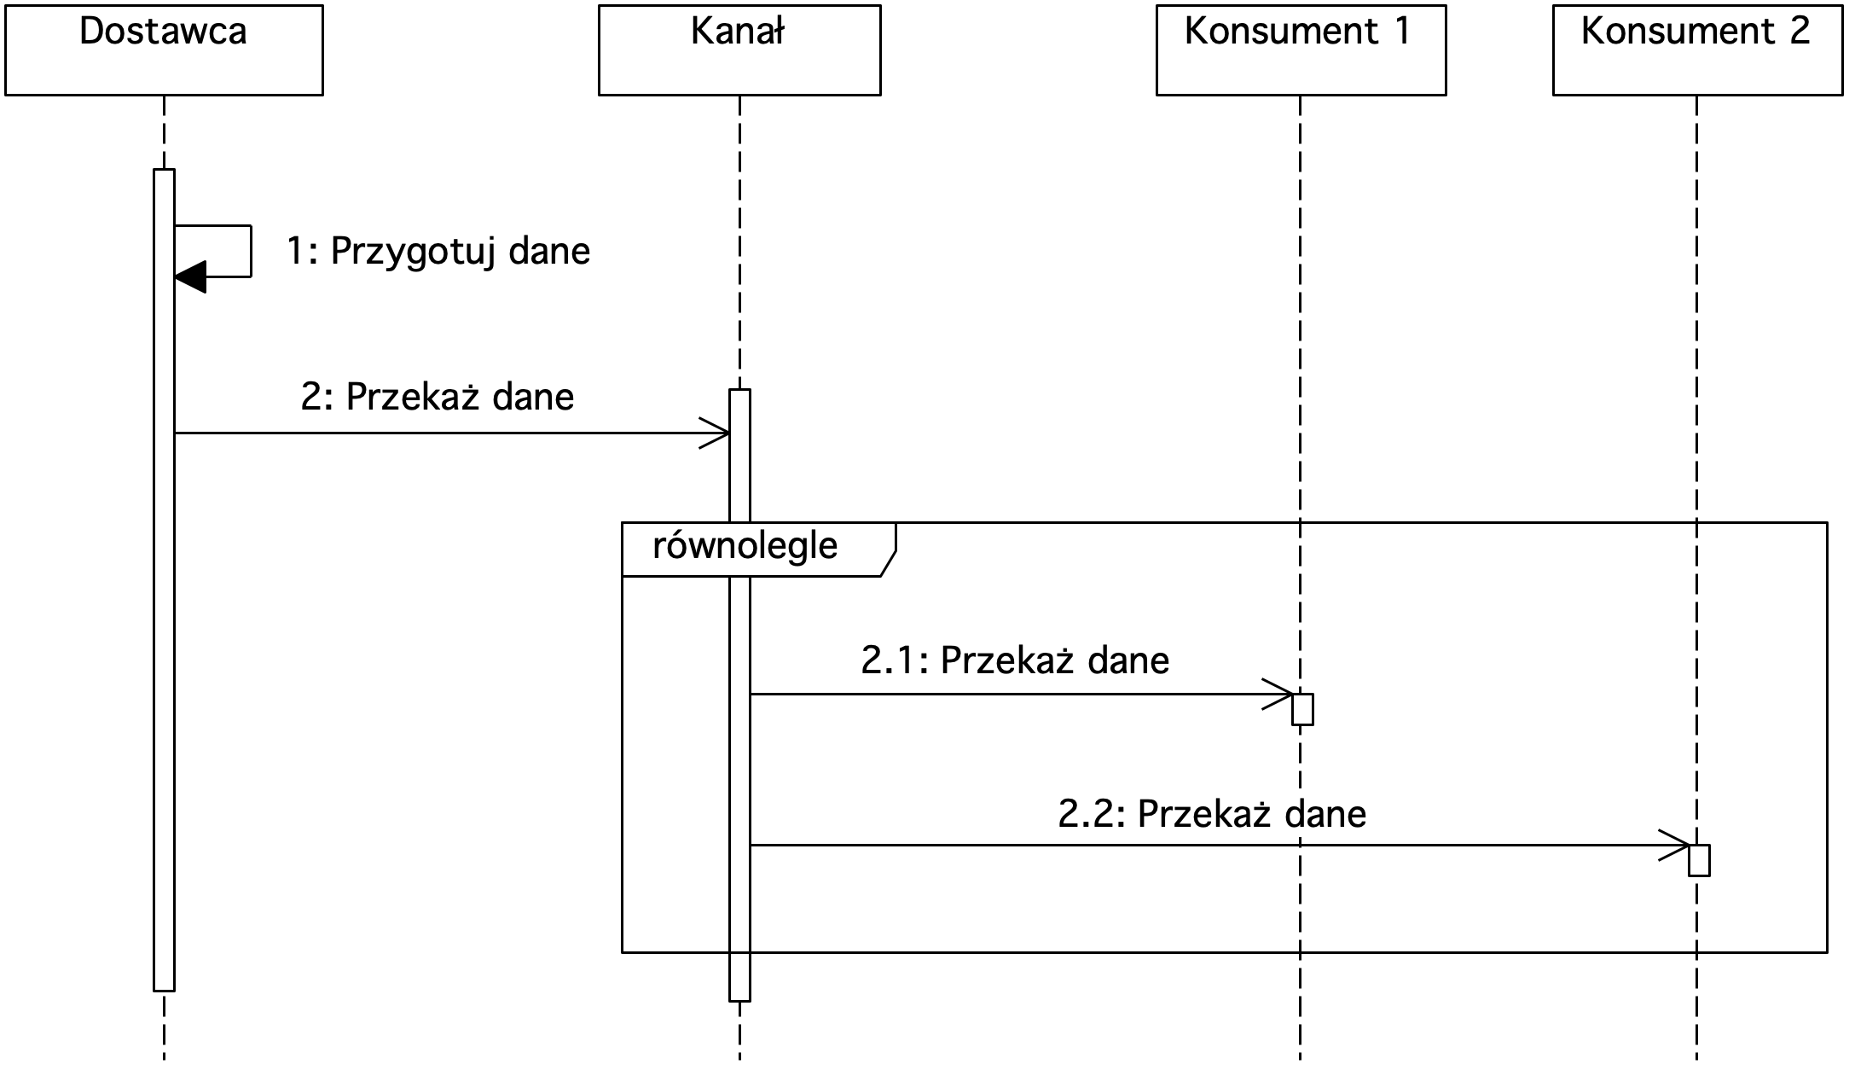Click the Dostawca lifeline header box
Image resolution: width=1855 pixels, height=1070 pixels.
coord(164,50)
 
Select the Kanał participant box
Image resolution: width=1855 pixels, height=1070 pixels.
coord(739,50)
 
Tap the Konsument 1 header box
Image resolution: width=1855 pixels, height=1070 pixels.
coord(1301,50)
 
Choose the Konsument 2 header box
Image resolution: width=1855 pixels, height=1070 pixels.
coord(1698,50)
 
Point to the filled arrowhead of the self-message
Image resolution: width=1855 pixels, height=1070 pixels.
coord(190,276)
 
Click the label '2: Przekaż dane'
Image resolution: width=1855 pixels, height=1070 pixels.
coord(438,397)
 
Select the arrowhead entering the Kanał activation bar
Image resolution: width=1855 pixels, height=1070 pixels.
coord(714,433)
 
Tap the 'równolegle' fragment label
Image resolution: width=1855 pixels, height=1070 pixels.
coord(745,546)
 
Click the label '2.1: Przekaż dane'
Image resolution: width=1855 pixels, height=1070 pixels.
coord(1015,660)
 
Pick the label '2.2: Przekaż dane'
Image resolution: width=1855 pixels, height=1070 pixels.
coord(1212,814)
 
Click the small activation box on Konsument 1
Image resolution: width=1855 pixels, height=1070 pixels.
coord(1302,709)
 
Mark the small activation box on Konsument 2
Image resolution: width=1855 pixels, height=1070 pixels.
coord(1699,860)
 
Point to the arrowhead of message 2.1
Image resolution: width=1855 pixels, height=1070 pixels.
coord(1277,695)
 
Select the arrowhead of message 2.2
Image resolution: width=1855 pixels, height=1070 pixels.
coord(1673,846)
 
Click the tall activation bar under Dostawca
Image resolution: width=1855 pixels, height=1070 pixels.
coord(164,580)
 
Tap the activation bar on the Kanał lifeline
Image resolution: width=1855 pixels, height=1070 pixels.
coord(739,695)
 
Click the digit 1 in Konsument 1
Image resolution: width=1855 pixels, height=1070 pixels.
coord(1401,32)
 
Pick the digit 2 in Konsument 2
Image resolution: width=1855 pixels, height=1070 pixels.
coord(1799,32)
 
